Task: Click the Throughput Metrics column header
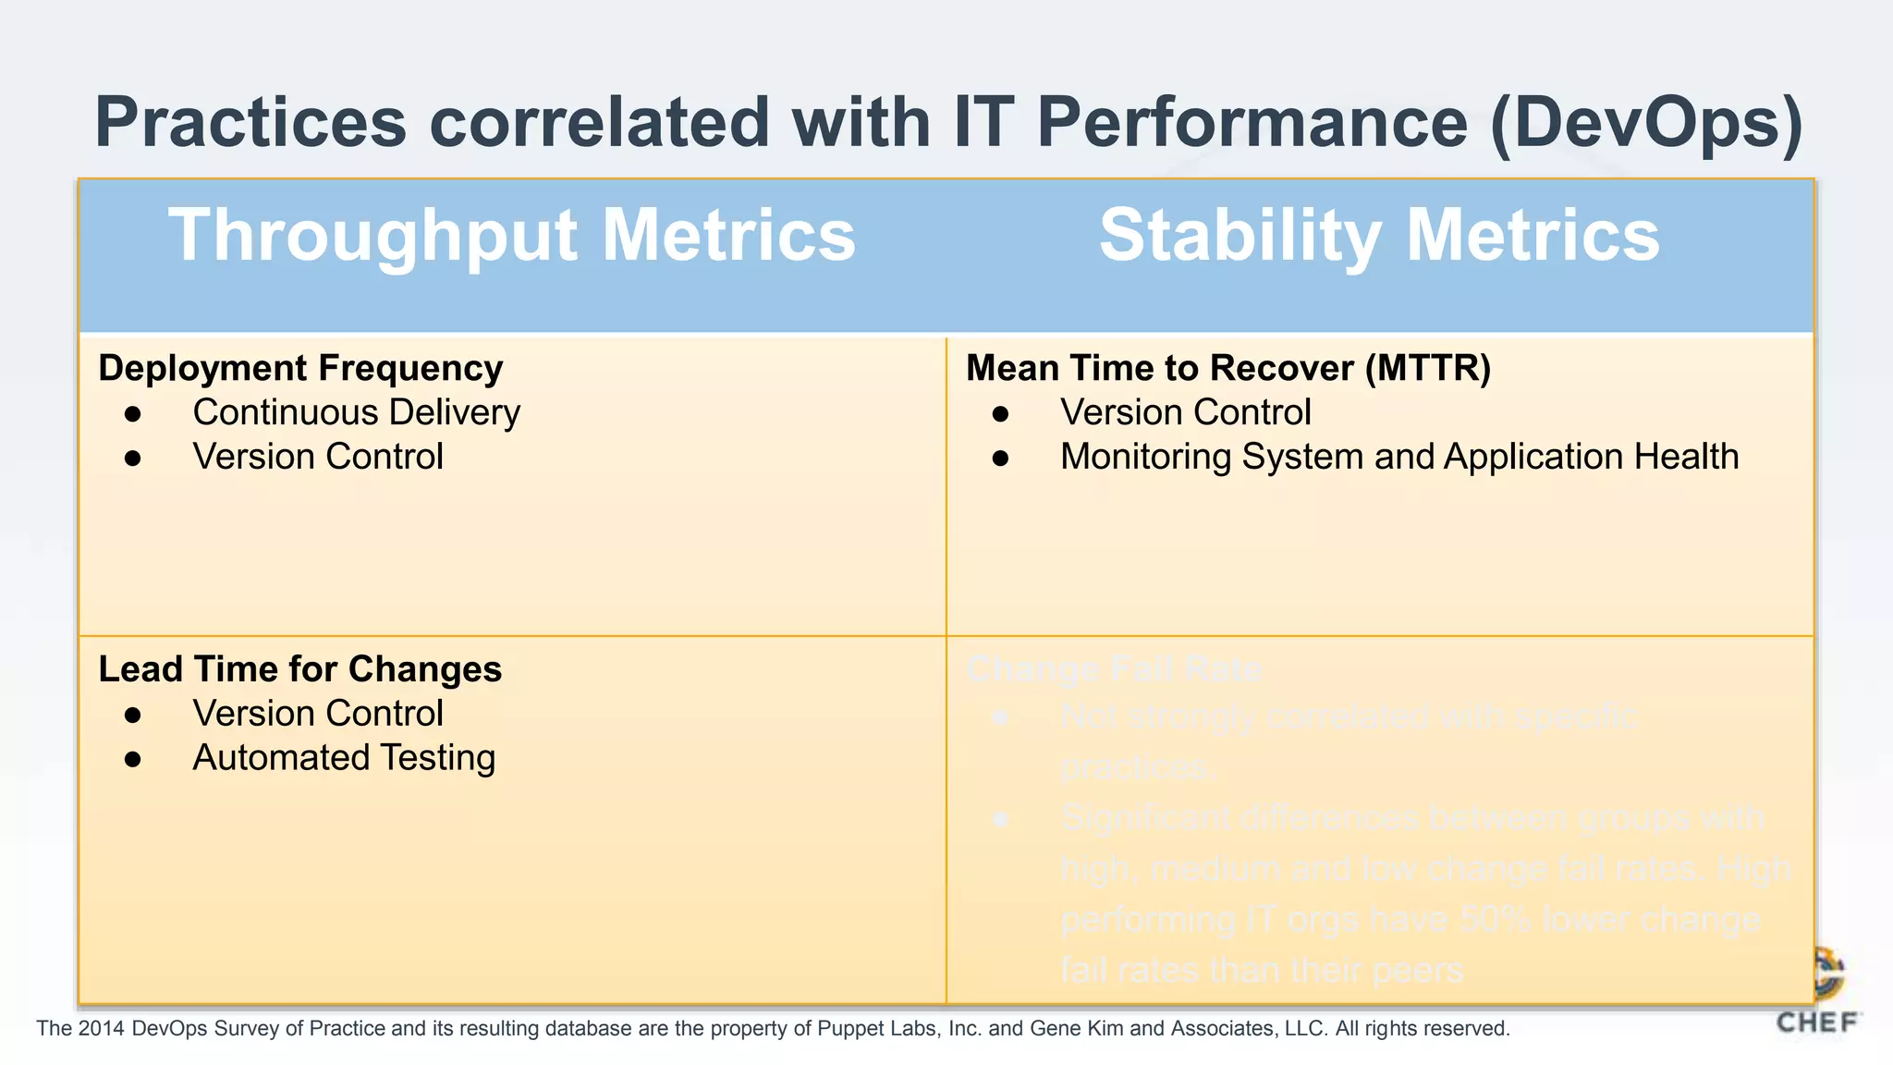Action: click(x=512, y=236)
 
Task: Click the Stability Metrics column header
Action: click(x=1379, y=236)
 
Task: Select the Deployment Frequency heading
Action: click(x=300, y=368)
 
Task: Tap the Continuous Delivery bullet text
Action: click(x=356, y=412)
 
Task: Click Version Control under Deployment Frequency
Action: click(x=318, y=457)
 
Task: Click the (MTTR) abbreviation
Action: click(x=1428, y=368)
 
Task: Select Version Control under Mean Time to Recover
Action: click(x=1185, y=412)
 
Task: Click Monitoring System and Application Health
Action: click(x=1399, y=457)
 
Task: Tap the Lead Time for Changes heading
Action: click(x=299, y=669)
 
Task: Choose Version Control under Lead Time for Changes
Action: click(x=318, y=714)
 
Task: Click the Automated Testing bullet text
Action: click(x=344, y=758)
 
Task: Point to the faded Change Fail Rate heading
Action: click(x=1114, y=669)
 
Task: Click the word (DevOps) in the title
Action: click(x=1646, y=122)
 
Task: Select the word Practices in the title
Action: click(x=250, y=122)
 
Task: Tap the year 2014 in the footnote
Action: click(x=102, y=1028)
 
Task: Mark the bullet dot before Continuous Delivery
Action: click(x=133, y=413)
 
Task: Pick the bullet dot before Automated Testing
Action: click(x=133, y=759)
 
